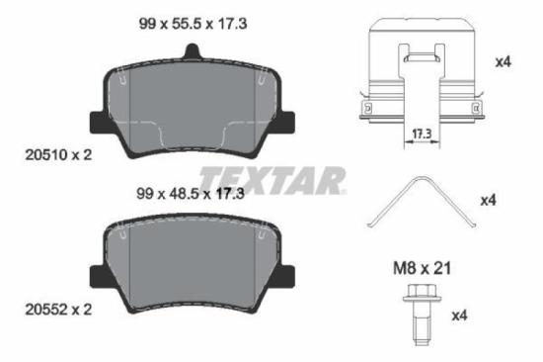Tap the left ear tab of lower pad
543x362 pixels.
(x=98, y=277)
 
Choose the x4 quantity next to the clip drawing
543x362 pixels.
(x=503, y=61)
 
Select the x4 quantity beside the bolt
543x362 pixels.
(x=458, y=317)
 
